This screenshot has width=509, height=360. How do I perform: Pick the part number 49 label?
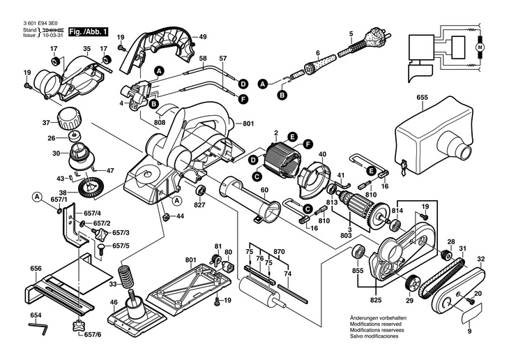coord(203,36)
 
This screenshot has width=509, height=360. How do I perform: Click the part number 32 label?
coord(481,260)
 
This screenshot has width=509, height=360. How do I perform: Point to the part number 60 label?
coord(264,190)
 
